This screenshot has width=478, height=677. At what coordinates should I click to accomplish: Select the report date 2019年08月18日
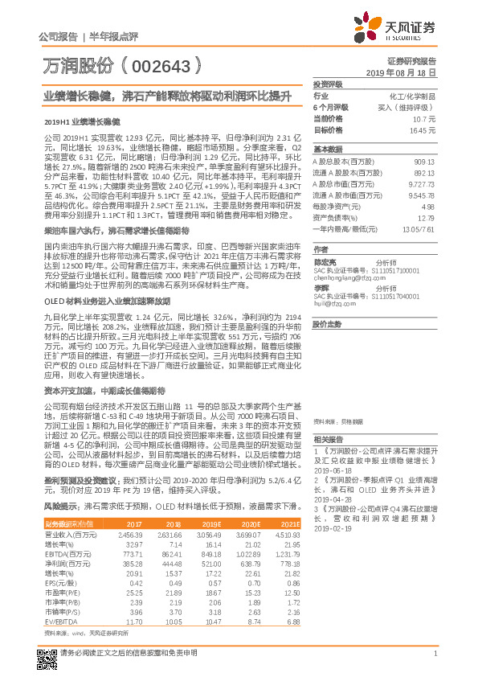(407, 72)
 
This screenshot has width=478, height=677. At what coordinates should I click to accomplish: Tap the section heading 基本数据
(326, 150)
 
